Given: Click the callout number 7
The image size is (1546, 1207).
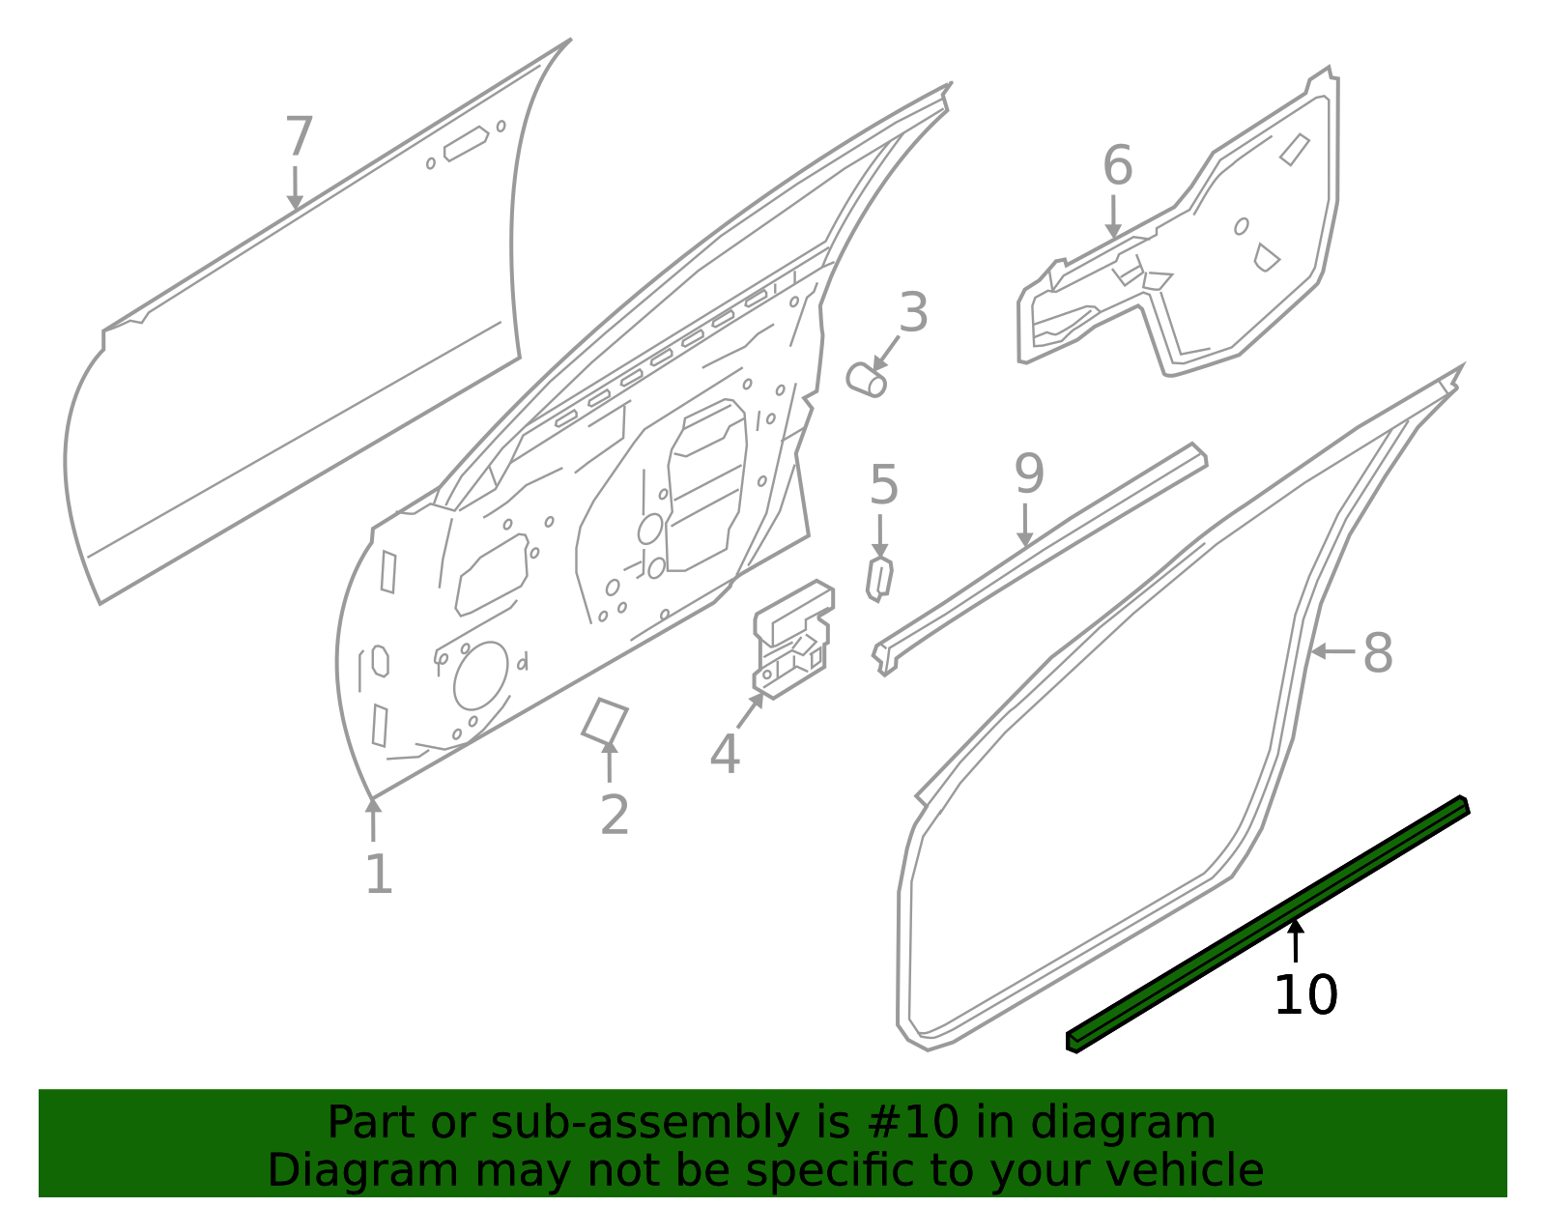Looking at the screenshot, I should (x=300, y=137).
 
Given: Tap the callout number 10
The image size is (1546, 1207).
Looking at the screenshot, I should (x=1305, y=996).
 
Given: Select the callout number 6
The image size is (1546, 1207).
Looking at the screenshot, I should (x=1117, y=166).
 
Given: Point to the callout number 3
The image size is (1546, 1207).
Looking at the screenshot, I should (x=913, y=314).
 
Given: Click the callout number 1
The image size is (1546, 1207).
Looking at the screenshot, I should (x=379, y=875).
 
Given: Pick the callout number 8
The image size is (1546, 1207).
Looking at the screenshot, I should (x=1378, y=653).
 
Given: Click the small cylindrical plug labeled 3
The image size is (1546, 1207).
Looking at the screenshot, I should (x=866, y=379).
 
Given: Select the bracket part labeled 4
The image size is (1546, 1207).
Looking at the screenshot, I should (x=793, y=639).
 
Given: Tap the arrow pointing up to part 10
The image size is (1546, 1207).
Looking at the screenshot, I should (x=1296, y=940).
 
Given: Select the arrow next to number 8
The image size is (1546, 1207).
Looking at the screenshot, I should (x=1332, y=652).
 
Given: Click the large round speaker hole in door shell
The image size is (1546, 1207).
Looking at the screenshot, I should (x=480, y=675).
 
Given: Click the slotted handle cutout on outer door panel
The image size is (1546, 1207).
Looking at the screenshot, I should (x=466, y=144).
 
